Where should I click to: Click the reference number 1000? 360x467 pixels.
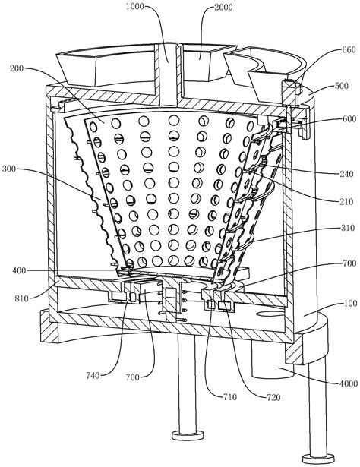134,7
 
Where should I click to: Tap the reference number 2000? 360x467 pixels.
223,7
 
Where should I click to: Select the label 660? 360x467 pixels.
349,49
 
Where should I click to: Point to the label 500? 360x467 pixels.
341,86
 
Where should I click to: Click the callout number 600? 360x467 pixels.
349,118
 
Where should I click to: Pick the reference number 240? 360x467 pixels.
346,174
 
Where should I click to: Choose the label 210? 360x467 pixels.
346,202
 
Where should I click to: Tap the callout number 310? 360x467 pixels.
348,228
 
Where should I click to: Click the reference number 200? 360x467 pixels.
17,68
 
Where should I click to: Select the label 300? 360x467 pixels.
9,169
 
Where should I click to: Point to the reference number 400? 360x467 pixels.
19,270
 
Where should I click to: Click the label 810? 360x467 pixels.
21,298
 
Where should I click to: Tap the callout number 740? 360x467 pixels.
93,376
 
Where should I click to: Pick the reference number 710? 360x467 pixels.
230,396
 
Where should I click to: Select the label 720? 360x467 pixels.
273,397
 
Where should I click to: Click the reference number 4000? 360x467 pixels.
349,383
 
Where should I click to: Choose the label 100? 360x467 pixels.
350,304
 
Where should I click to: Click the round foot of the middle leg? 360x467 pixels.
188,435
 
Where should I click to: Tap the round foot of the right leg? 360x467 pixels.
318,458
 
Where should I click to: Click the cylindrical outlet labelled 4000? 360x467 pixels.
273,361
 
